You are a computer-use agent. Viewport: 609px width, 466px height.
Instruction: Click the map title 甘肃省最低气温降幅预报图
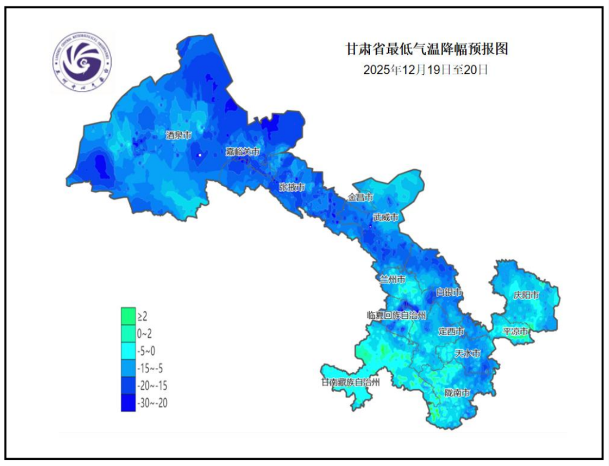[x=426, y=49]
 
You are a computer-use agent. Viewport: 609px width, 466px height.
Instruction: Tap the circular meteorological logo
[x=86, y=61]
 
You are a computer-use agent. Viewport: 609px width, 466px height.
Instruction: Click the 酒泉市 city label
[x=179, y=135]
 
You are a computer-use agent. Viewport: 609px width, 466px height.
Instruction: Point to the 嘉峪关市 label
[x=243, y=152]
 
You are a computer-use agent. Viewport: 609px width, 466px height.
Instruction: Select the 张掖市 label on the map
[x=292, y=187]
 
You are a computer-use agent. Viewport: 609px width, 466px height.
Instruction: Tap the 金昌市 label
[x=360, y=198]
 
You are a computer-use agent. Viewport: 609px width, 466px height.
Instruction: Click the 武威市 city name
[x=386, y=217]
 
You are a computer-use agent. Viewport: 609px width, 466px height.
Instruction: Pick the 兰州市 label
[x=392, y=279]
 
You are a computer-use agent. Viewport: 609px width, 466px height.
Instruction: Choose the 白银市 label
[x=449, y=293]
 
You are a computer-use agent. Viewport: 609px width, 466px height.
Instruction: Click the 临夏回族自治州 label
[x=396, y=315]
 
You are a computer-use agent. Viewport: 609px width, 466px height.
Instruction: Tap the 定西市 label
[x=451, y=331]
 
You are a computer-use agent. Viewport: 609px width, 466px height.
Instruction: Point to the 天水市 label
[x=468, y=354]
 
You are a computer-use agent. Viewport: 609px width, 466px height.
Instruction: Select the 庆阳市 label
[x=526, y=295]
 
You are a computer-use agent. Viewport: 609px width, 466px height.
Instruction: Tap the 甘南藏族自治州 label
[x=350, y=382]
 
